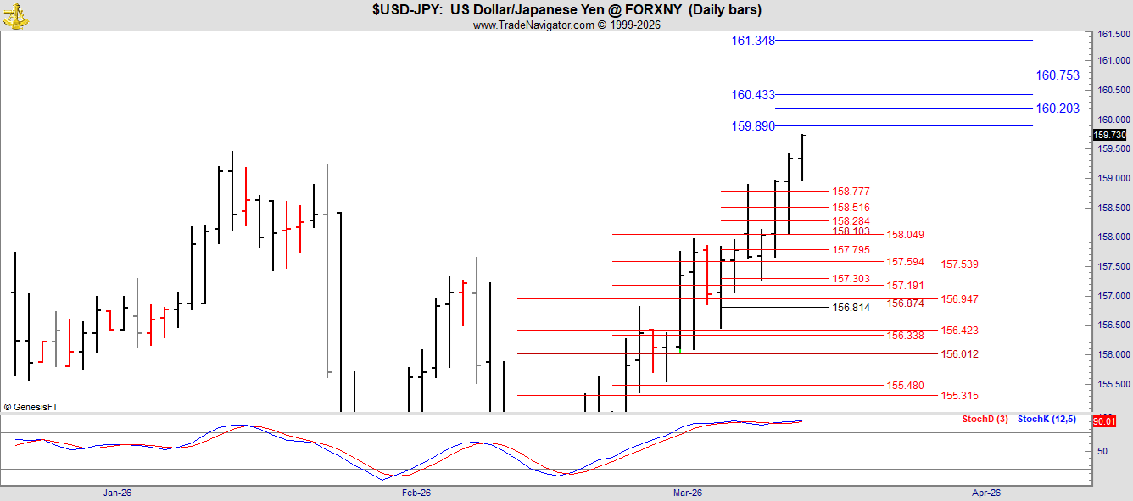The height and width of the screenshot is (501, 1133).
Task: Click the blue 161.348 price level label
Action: tap(752, 41)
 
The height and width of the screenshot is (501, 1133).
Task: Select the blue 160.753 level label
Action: tap(1058, 75)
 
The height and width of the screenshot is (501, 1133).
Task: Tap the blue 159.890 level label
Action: tap(752, 125)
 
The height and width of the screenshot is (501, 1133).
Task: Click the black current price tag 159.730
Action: tap(1110, 135)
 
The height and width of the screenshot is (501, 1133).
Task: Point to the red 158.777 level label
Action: tap(851, 191)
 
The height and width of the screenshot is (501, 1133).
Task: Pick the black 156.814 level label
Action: tap(851, 308)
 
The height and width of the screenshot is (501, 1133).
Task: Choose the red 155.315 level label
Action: tap(959, 395)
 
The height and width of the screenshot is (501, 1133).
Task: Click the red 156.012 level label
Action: tap(959, 353)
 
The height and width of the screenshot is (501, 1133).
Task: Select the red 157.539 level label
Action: tap(959, 264)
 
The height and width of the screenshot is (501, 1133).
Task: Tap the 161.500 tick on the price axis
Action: tap(1113, 35)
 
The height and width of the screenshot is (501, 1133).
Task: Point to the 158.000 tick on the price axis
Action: tap(1113, 237)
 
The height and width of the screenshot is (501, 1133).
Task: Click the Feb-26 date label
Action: tap(416, 493)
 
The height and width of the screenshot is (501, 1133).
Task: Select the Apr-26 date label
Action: tap(986, 493)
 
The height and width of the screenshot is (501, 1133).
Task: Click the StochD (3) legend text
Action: tap(985, 419)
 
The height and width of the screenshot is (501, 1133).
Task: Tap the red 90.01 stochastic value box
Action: tap(1104, 421)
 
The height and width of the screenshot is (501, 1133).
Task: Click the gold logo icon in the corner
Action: tap(15, 15)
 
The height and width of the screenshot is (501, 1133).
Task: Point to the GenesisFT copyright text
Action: tap(31, 407)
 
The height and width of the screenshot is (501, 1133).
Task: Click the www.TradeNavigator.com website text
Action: tap(533, 25)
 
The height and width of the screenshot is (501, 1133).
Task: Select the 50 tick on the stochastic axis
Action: tap(1102, 451)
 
